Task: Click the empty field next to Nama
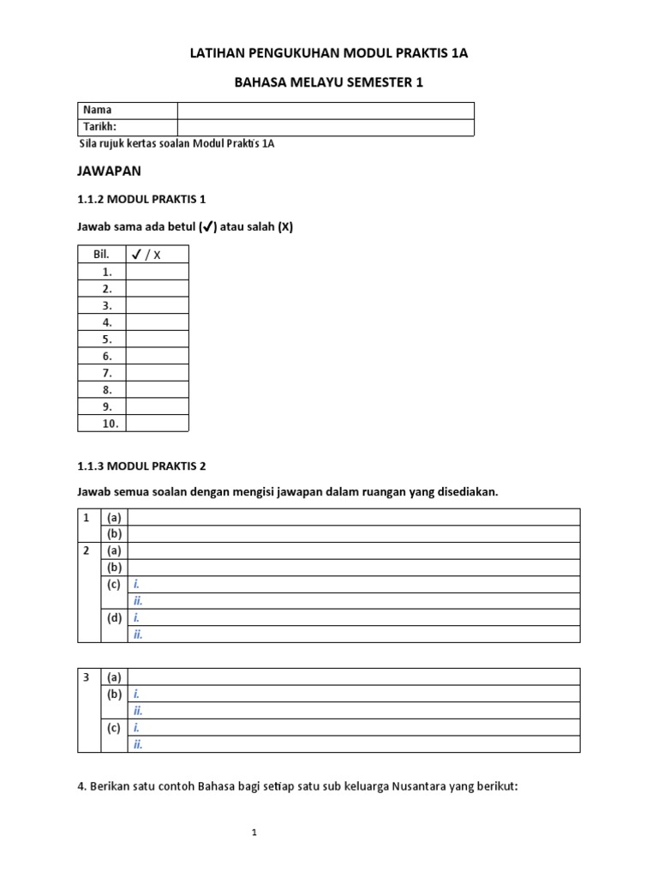325,110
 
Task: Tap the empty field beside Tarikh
325,127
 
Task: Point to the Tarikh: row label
99,127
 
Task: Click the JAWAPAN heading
109,171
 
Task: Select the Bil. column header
102,255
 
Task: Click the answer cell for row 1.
157,272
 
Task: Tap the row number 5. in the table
108,340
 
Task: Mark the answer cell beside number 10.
157,424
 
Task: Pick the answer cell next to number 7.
157,373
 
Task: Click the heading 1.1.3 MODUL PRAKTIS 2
142,466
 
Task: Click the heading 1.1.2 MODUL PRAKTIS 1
142,199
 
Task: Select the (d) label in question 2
114,617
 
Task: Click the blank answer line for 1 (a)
354,517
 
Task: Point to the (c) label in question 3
114,728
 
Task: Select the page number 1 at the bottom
254,833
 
